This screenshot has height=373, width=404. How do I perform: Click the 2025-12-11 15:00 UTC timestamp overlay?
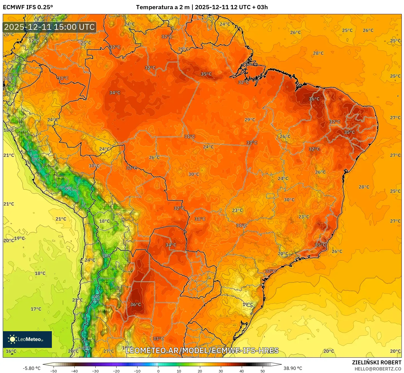click(50, 27)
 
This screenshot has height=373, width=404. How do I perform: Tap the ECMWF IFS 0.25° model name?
click(28, 7)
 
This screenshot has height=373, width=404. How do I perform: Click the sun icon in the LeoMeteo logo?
click(13, 339)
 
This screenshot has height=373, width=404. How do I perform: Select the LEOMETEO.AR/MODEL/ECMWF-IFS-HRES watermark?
click(202, 350)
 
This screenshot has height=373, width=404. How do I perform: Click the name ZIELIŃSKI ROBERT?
click(376, 362)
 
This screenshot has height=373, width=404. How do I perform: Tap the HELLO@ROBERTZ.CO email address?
click(378, 369)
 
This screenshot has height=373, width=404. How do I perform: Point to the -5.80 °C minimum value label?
click(32, 368)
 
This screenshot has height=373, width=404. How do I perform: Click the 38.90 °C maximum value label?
click(293, 368)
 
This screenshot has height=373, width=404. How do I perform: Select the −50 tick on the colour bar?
click(53, 371)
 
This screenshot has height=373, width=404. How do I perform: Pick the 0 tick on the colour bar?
click(158, 371)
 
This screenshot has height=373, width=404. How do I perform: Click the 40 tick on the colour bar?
click(241, 371)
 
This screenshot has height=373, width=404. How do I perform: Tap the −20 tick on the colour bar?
click(116, 371)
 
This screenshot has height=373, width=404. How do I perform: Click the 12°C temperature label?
click(34, 41)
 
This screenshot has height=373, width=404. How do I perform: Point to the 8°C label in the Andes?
click(36, 159)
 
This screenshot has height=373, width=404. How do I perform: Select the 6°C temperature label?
click(69, 189)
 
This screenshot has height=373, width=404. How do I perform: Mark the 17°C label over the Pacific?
click(36, 309)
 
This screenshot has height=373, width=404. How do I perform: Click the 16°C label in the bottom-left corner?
click(11, 351)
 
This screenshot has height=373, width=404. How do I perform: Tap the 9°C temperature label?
click(106, 256)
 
